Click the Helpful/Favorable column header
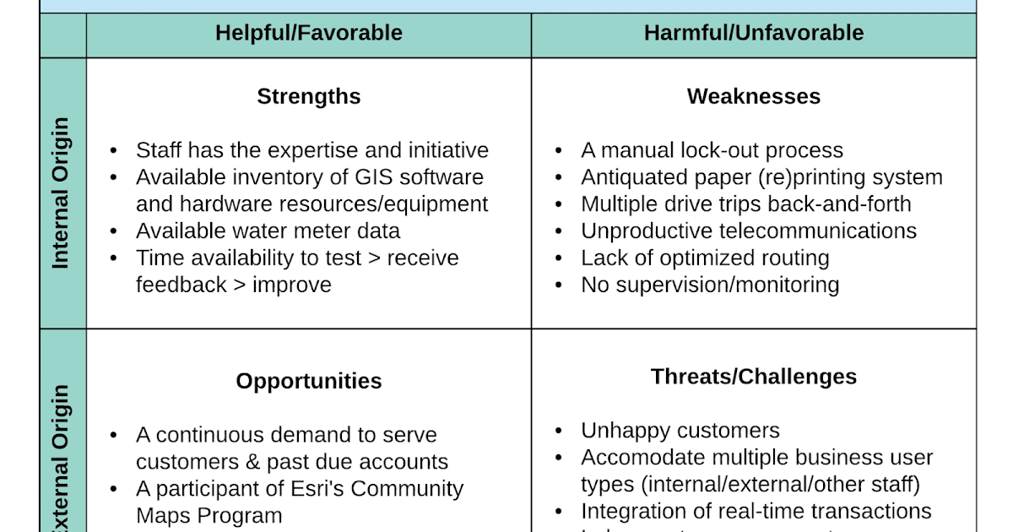coord(308,33)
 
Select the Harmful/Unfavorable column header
coord(753,33)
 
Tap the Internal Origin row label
coord(61,193)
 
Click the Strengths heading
coord(308,96)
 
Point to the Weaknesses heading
coord(753,96)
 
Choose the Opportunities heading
coord(308,381)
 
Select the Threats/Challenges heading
coord(753,377)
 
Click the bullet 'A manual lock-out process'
coord(712,150)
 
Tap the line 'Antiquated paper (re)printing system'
coord(761,177)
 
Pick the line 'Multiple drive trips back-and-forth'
coord(746,204)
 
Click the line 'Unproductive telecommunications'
coord(749,231)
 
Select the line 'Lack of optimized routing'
coord(705,258)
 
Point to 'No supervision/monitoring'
coord(710,285)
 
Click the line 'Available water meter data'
coord(268,231)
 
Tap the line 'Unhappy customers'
coord(680,431)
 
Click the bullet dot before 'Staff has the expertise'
coord(114,151)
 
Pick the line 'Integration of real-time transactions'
coord(756,511)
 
